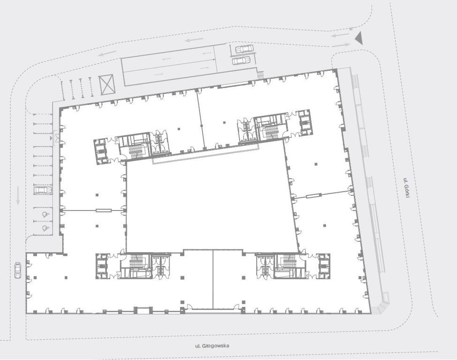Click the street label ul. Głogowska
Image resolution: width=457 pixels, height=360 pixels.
pos(212,346)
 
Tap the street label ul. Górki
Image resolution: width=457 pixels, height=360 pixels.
pos(406,188)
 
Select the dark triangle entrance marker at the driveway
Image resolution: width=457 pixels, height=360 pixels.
pos(359,38)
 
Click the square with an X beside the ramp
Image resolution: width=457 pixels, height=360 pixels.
pos(106,84)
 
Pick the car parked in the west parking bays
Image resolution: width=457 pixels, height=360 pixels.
pos(43,190)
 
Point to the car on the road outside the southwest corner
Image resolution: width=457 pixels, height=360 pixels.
pos(18,270)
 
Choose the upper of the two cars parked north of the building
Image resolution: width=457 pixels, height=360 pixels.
pos(244,49)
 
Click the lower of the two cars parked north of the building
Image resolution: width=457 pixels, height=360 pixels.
pos(241,60)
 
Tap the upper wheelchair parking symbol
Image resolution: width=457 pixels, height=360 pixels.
pos(45,215)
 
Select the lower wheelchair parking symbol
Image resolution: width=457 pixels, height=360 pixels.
pos(45,228)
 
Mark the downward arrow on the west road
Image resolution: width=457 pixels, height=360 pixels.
pos(18,195)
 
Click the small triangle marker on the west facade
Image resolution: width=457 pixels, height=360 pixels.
pos(51,138)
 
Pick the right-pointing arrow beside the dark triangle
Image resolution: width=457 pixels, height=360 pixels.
pos(341,45)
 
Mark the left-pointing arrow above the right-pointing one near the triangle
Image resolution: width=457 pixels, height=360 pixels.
pos(340,35)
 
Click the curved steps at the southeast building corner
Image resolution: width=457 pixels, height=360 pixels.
pos(382,305)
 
